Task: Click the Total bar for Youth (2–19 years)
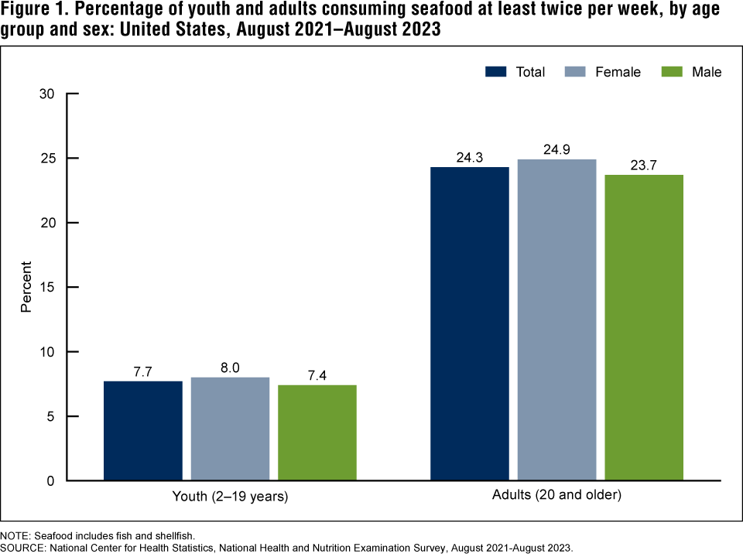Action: pyautogui.click(x=143, y=431)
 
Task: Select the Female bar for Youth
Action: pyautogui.click(x=230, y=429)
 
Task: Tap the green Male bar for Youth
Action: pyautogui.click(x=317, y=432)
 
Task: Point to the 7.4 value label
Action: pyautogui.click(x=317, y=376)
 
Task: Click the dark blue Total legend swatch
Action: pyautogui.click(x=496, y=72)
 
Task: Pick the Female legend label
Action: pyautogui.click(x=618, y=72)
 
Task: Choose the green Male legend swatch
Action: pyautogui.click(x=672, y=72)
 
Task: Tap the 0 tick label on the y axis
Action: pyautogui.click(x=50, y=480)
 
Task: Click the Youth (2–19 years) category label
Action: pyautogui.click(x=230, y=497)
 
